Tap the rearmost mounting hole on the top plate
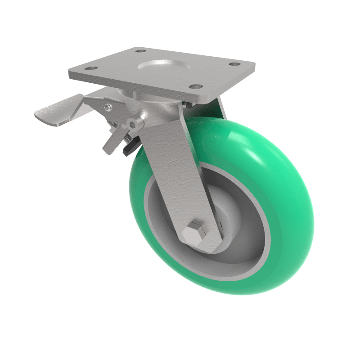pyautogui.click(x=140, y=51)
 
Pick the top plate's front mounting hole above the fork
pyautogui.click(x=193, y=86)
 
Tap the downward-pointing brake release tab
pyautogui.click(x=111, y=143)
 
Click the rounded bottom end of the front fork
pyautogui.click(x=202, y=243)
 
